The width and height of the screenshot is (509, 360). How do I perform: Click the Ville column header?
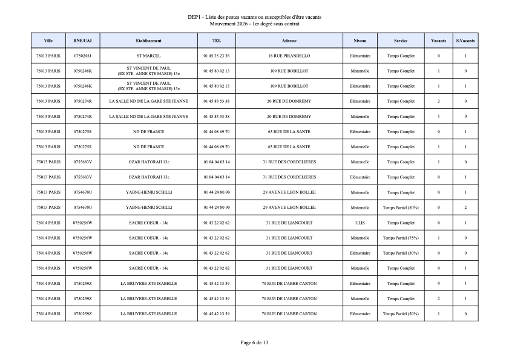tap(48, 41)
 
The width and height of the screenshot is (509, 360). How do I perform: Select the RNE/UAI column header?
tap(82, 41)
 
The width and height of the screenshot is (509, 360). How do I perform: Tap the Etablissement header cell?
tap(148, 41)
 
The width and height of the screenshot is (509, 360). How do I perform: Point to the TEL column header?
tap(217, 41)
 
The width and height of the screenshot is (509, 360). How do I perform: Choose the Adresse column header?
tap(289, 41)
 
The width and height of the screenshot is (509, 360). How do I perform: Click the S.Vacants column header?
tap(465, 41)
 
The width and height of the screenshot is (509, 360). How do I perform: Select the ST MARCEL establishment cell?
tap(148, 56)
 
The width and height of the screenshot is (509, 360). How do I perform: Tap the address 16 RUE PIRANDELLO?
tap(289, 56)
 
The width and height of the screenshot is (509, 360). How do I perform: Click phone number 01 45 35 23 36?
tap(217, 56)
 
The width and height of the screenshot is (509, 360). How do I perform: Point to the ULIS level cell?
tap(360, 223)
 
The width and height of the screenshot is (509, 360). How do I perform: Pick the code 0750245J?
tap(82, 56)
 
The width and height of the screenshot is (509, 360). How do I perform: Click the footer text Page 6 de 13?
tap(254, 342)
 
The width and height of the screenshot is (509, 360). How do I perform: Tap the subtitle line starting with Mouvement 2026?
tap(254, 24)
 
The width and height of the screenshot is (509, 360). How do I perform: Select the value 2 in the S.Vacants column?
tap(465, 208)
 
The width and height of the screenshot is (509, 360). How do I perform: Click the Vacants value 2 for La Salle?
tap(439, 101)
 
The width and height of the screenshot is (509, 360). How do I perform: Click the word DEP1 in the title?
tap(194, 18)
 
